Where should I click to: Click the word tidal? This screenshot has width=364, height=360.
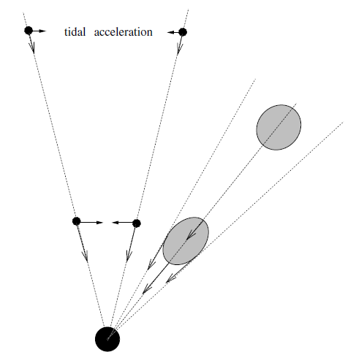click(75, 32)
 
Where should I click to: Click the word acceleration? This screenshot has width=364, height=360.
click(124, 32)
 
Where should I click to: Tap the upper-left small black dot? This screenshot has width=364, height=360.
click(29, 31)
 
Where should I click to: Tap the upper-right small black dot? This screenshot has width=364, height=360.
click(183, 32)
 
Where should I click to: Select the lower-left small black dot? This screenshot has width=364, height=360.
click(77, 221)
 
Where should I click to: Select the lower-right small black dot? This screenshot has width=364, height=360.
click(137, 223)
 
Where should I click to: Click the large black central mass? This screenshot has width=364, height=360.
click(107, 339)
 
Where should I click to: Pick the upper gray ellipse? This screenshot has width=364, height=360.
click(278, 127)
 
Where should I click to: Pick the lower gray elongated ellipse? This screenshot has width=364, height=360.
click(186, 241)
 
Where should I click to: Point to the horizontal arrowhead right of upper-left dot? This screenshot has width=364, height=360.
click(42, 31)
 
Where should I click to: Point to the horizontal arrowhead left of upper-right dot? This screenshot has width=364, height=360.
click(170, 32)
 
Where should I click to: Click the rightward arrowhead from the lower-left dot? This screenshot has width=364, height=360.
click(99, 222)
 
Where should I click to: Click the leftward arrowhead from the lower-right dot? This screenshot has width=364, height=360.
click(115, 223)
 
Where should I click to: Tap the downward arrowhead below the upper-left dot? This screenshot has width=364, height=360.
click(32, 47)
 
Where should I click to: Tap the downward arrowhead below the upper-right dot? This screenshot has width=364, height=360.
click(180, 49)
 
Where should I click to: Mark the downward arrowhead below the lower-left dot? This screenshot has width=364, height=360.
click(85, 256)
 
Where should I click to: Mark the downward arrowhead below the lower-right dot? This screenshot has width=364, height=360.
click(129, 256)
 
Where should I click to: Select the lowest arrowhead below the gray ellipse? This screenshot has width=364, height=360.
click(147, 288)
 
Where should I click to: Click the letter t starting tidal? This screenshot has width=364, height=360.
click(66, 32)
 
